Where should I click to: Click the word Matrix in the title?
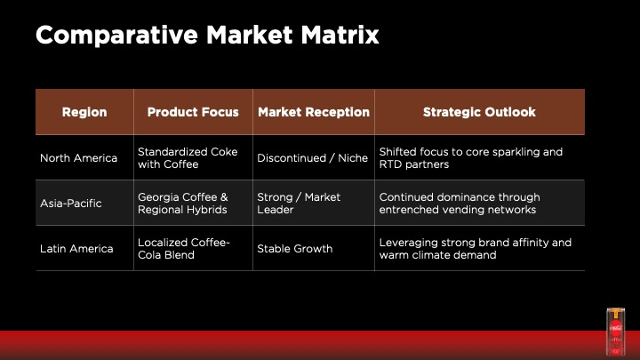pyautogui.click(x=340, y=35)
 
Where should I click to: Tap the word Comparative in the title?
pyautogui.click(x=116, y=36)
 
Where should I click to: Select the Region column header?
pyautogui.click(x=84, y=112)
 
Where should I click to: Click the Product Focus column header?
pyautogui.click(x=193, y=112)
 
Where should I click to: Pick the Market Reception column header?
pyautogui.click(x=314, y=112)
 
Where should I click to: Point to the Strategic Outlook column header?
pyautogui.click(x=479, y=112)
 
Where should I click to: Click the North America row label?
pyautogui.click(x=79, y=158)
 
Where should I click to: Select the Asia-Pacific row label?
pyautogui.click(x=71, y=204)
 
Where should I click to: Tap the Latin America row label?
pyautogui.click(x=76, y=249)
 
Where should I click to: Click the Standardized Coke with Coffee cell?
pyautogui.click(x=188, y=158)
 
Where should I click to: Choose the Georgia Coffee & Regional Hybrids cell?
pyautogui.click(x=183, y=204)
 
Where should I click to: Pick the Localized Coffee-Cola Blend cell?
pyautogui.click(x=184, y=249)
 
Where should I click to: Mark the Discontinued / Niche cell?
pyautogui.click(x=313, y=158)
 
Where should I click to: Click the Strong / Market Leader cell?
pyautogui.click(x=299, y=204)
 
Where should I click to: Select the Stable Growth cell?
pyautogui.click(x=295, y=249)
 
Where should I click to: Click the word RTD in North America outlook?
pyautogui.click(x=390, y=164)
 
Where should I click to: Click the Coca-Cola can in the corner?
pyautogui.click(x=615, y=332)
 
